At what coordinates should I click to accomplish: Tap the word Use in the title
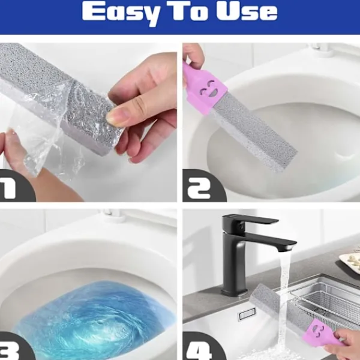pyautogui.click(x=247, y=11)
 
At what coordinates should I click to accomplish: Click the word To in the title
pyautogui.click(x=188, y=11)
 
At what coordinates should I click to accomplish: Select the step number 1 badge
pyautogui.click(x=14, y=187)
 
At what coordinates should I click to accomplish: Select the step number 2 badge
pyautogui.click(x=202, y=187)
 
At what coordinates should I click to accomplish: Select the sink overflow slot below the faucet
pyautogui.click(x=247, y=314)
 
